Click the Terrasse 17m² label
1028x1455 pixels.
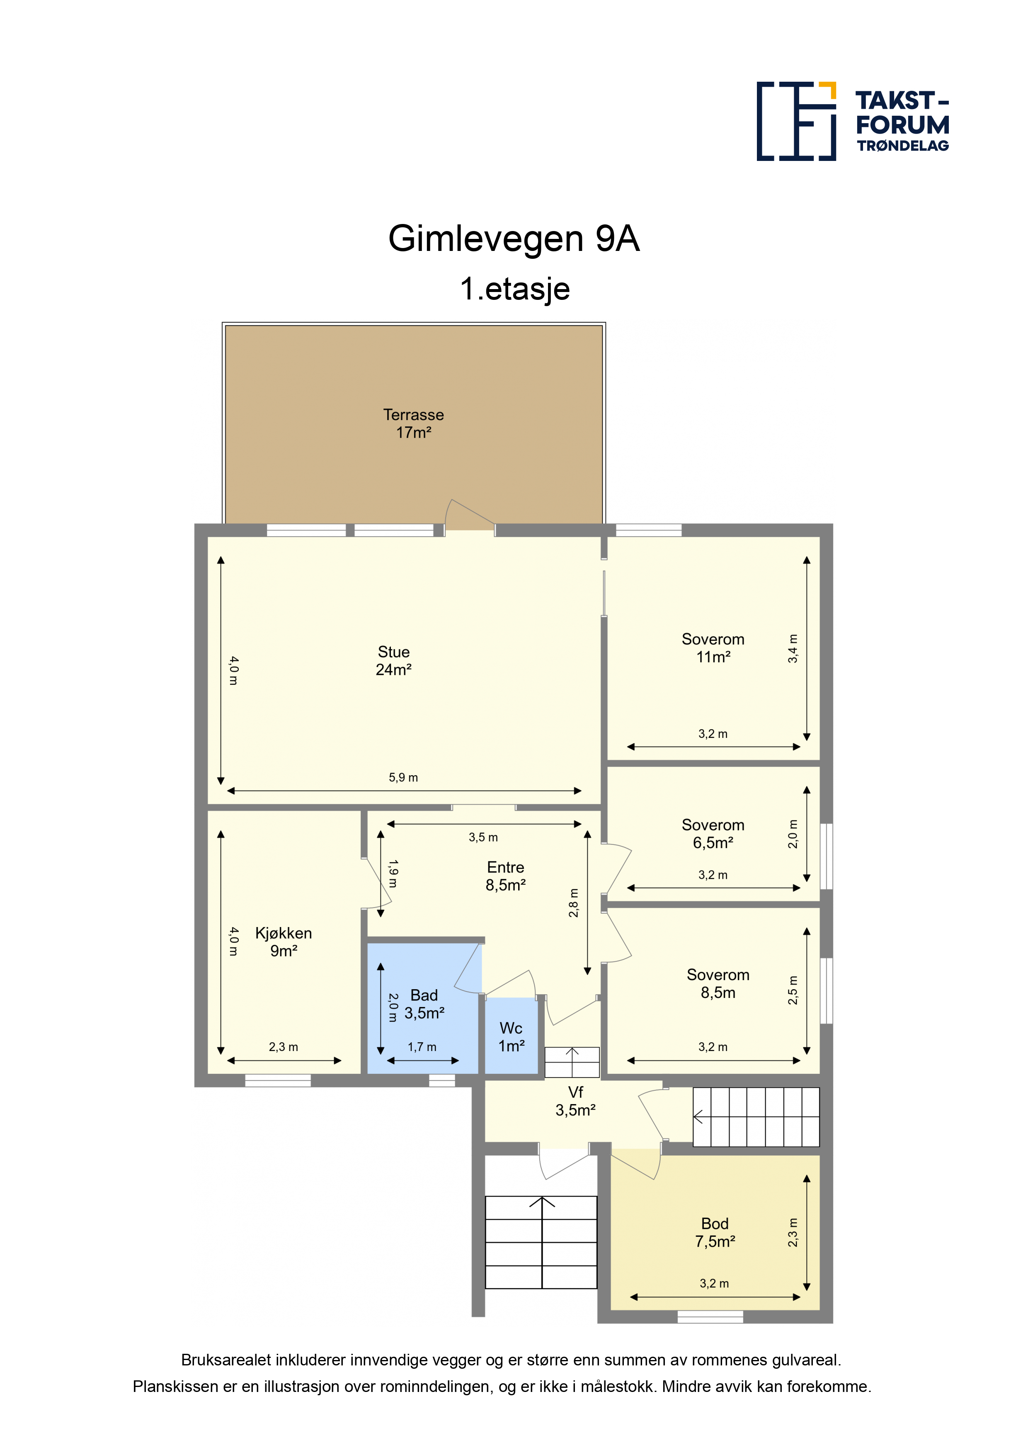[414, 423]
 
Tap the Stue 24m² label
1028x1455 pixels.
[393, 660]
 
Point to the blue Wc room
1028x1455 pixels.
[511, 1036]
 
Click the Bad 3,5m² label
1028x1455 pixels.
[424, 1004]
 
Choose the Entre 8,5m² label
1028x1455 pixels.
[505, 876]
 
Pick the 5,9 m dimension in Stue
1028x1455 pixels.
[403, 778]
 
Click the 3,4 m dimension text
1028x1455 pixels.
[793, 648]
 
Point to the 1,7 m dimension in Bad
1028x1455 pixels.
[422, 1047]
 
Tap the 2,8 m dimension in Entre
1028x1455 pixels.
[573, 903]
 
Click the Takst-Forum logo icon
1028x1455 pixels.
[796, 121]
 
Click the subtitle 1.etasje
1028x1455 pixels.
[514, 289]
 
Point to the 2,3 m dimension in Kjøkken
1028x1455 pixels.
[283, 1047]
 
